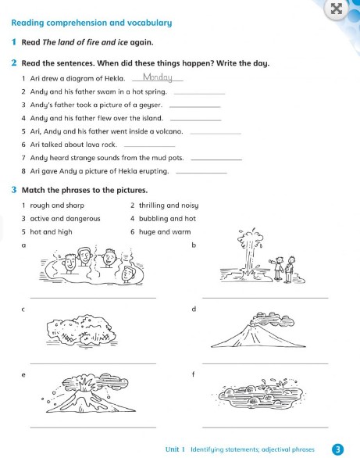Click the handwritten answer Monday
[x=158, y=77]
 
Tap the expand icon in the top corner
[x=337, y=9]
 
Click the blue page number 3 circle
[x=337, y=449]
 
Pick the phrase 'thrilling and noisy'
[x=162, y=206]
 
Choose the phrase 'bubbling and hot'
[x=162, y=219]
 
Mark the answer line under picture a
[x=92, y=297]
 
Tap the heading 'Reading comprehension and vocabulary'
[x=91, y=23]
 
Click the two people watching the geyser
[x=283, y=267]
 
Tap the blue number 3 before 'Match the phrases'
[x=15, y=190]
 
